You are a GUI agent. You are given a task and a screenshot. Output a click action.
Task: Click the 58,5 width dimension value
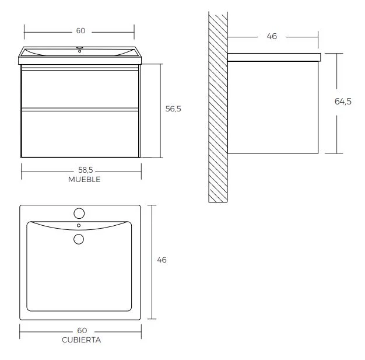86,170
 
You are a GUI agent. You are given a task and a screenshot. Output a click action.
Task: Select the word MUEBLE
85,180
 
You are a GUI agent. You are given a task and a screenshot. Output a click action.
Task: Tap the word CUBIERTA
81,340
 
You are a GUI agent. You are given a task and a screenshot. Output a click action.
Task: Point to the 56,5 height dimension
173,109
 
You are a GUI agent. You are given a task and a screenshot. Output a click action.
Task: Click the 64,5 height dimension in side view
343,102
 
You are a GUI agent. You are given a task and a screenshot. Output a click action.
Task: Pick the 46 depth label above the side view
272,36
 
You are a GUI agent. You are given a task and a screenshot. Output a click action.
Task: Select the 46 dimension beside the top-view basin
162,260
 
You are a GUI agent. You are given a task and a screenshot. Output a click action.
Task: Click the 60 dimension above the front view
80,31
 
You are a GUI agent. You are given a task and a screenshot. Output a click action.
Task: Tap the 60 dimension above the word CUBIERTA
82,330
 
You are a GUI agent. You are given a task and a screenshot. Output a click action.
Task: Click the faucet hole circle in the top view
79,214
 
